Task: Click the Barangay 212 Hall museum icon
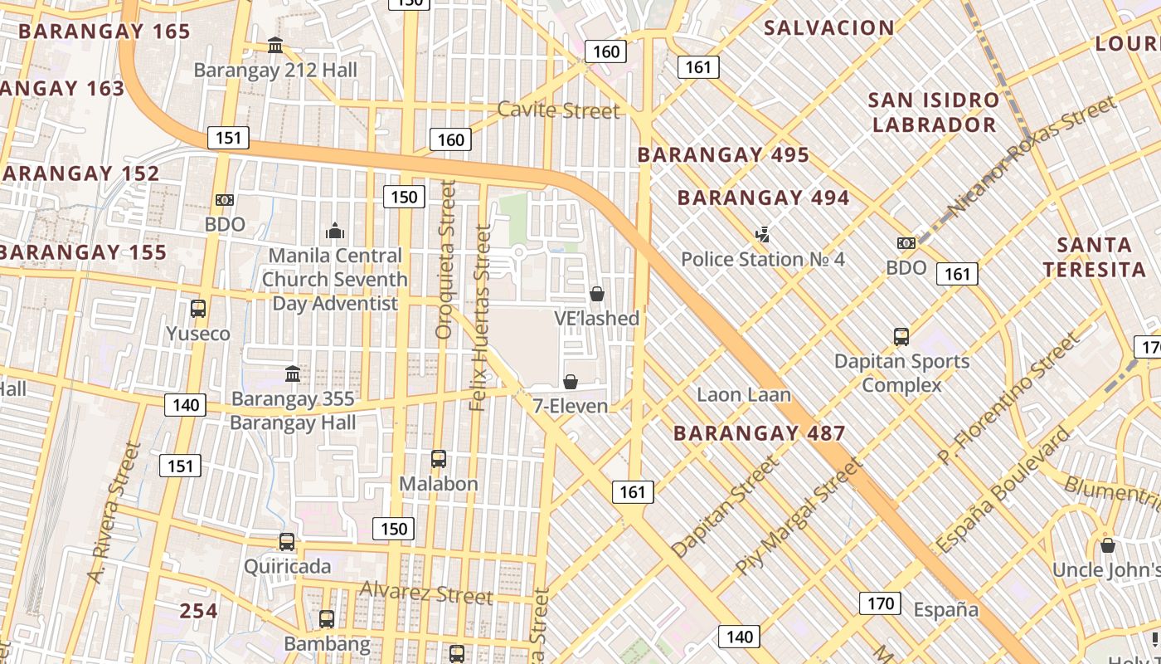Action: (x=275, y=45)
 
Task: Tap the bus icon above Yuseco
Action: (x=198, y=309)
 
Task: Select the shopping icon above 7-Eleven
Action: (x=571, y=382)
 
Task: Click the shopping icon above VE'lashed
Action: (x=596, y=294)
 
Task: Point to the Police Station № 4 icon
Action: (x=762, y=235)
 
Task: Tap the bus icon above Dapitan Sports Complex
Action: (x=901, y=337)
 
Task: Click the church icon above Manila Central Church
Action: (x=335, y=231)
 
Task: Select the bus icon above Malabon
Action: (x=439, y=459)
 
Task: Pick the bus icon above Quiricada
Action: (x=287, y=542)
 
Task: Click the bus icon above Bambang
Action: (x=327, y=619)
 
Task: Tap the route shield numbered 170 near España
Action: (x=879, y=603)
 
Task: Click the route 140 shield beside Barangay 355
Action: (x=185, y=405)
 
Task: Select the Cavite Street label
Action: (x=558, y=110)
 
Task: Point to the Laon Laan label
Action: (x=743, y=395)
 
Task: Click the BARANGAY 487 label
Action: (x=759, y=433)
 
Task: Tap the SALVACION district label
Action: (x=828, y=27)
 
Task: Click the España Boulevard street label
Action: (x=1003, y=491)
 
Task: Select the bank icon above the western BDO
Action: (x=225, y=200)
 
